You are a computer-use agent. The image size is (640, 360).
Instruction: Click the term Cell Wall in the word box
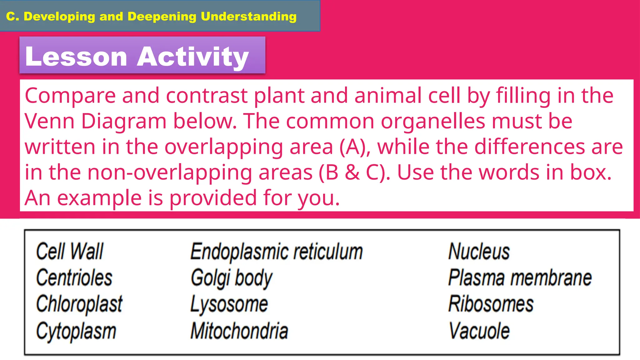click(69, 251)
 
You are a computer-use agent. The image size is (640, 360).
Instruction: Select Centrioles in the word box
click(74, 278)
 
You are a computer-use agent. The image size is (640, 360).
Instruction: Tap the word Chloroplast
click(79, 304)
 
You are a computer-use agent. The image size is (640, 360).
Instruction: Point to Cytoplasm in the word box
click(76, 331)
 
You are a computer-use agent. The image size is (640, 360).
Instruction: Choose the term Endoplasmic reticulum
click(277, 252)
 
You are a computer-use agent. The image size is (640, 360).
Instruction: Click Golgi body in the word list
click(232, 278)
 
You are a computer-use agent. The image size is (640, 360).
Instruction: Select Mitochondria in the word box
click(239, 331)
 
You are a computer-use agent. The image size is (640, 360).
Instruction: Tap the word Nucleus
click(479, 252)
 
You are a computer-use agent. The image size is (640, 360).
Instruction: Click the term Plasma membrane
click(520, 278)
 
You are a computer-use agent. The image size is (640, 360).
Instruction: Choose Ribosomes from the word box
click(491, 304)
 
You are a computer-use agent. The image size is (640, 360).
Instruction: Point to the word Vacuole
click(479, 331)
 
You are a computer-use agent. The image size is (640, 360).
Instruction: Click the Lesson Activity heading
click(137, 56)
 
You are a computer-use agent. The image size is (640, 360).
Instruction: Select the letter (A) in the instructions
click(355, 147)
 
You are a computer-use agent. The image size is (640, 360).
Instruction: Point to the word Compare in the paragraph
click(70, 96)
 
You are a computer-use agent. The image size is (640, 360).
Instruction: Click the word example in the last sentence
click(99, 198)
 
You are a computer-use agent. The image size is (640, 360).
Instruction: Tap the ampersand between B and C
click(352, 172)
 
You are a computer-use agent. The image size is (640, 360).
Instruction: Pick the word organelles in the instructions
click(433, 121)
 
